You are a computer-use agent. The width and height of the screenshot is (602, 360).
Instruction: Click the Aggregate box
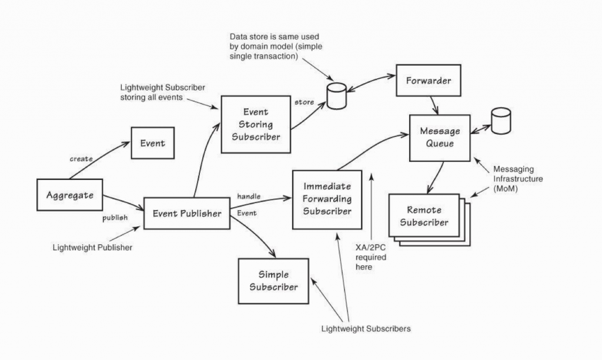pyautogui.click(x=69, y=195)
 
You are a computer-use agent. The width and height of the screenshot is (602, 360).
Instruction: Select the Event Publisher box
pyautogui.click(x=187, y=213)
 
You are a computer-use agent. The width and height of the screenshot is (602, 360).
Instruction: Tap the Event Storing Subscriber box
pyautogui.click(x=256, y=124)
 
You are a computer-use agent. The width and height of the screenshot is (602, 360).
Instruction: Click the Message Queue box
pyautogui.click(x=440, y=137)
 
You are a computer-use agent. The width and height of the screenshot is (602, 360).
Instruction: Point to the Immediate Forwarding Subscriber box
pyautogui.click(x=327, y=199)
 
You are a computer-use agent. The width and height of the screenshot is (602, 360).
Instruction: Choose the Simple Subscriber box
pyautogui.click(x=273, y=281)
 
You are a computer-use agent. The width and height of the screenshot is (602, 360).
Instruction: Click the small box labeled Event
pyautogui.click(x=152, y=143)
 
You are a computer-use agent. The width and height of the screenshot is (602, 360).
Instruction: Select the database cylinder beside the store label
pyautogui.click(x=335, y=96)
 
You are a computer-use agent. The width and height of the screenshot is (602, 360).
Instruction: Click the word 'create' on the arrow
pyautogui.click(x=81, y=159)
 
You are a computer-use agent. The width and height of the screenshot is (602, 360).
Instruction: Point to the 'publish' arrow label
pyautogui.click(x=115, y=218)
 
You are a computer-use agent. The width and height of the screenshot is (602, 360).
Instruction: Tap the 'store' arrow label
pyautogui.click(x=304, y=102)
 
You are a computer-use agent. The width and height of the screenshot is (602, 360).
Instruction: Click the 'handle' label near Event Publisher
pyautogui.click(x=249, y=195)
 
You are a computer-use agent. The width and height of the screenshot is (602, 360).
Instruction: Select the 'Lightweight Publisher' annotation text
pyautogui.click(x=92, y=248)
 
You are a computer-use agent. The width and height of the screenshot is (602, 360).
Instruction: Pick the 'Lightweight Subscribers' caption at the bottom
pyautogui.click(x=366, y=328)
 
